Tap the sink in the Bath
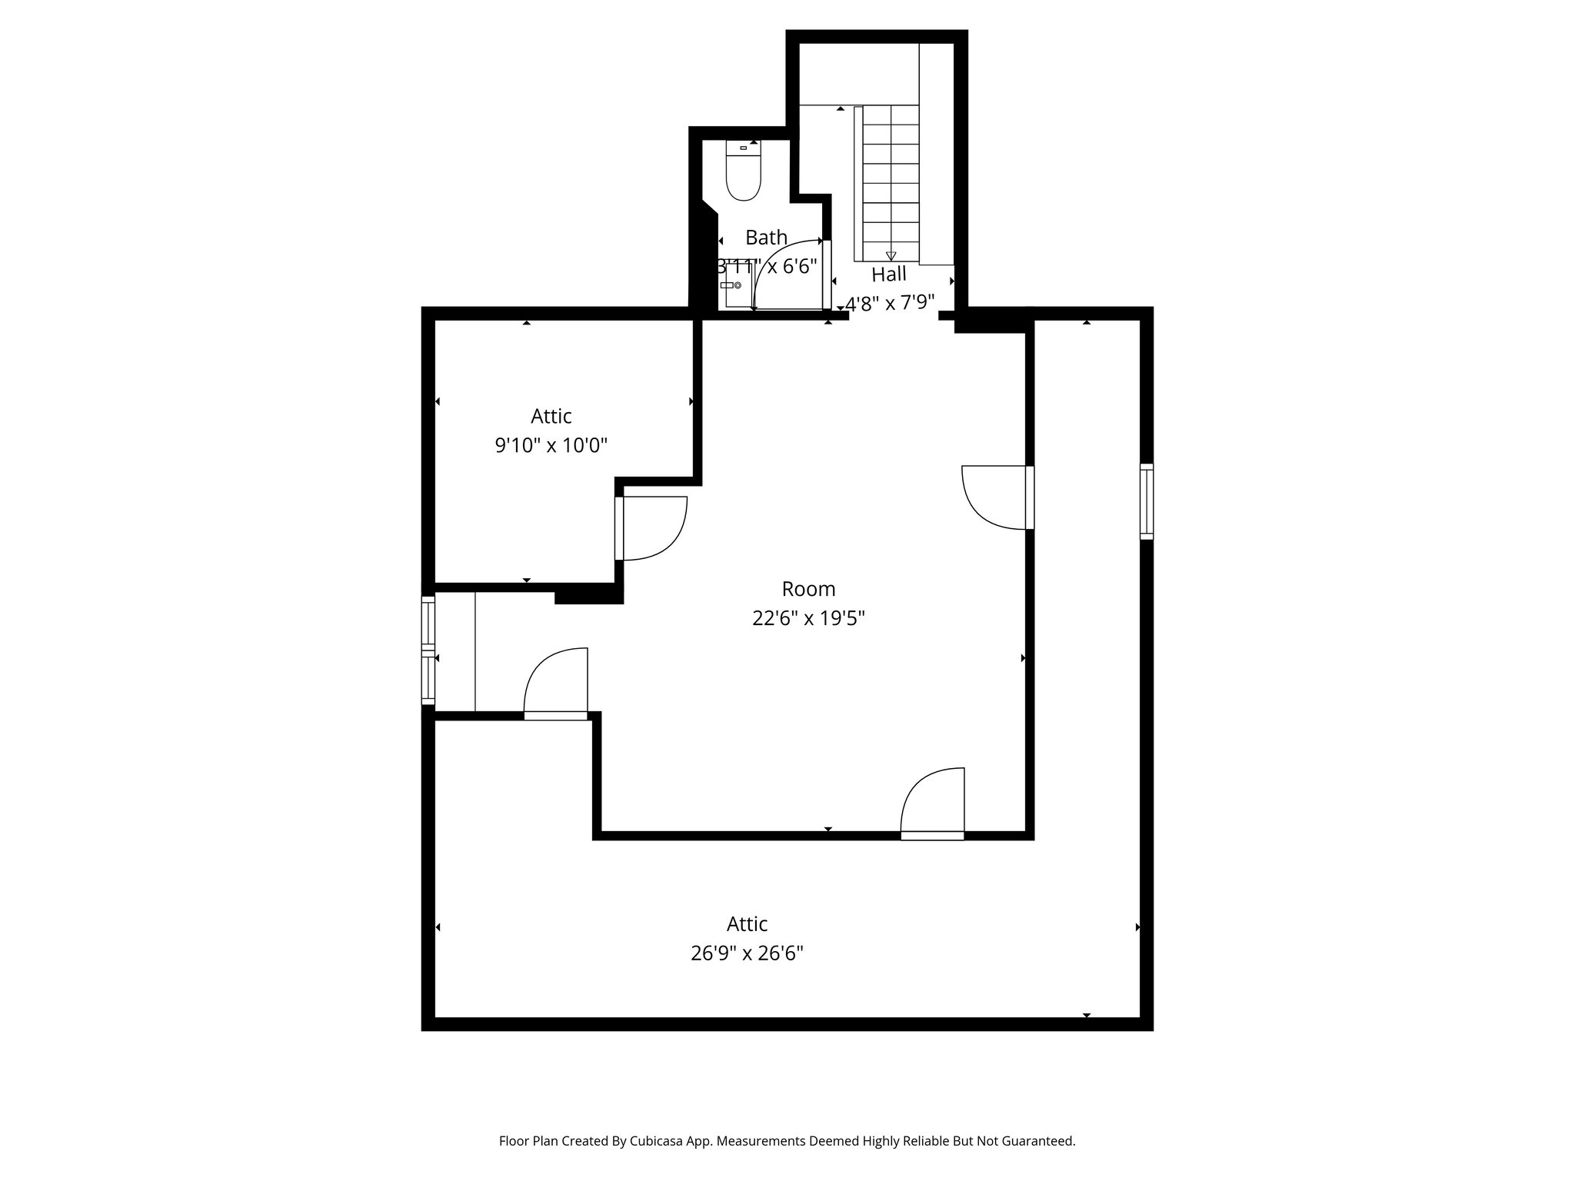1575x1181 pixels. coord(731,285)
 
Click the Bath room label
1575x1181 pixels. coord(766,237)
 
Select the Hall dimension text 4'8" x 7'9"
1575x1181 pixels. coord(890,303)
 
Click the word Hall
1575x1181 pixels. coord(889,274)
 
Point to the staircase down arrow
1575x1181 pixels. coord(891,255)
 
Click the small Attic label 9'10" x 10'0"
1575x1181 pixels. coord(551,444)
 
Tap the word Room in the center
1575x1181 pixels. coord(808,589)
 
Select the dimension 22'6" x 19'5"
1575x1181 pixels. coord(808,618)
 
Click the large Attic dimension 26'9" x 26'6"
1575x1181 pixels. coord(747,953)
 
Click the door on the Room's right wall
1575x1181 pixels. coord(998,497)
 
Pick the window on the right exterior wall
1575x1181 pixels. coord(1146,501)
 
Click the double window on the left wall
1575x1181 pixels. coord(428,650)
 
